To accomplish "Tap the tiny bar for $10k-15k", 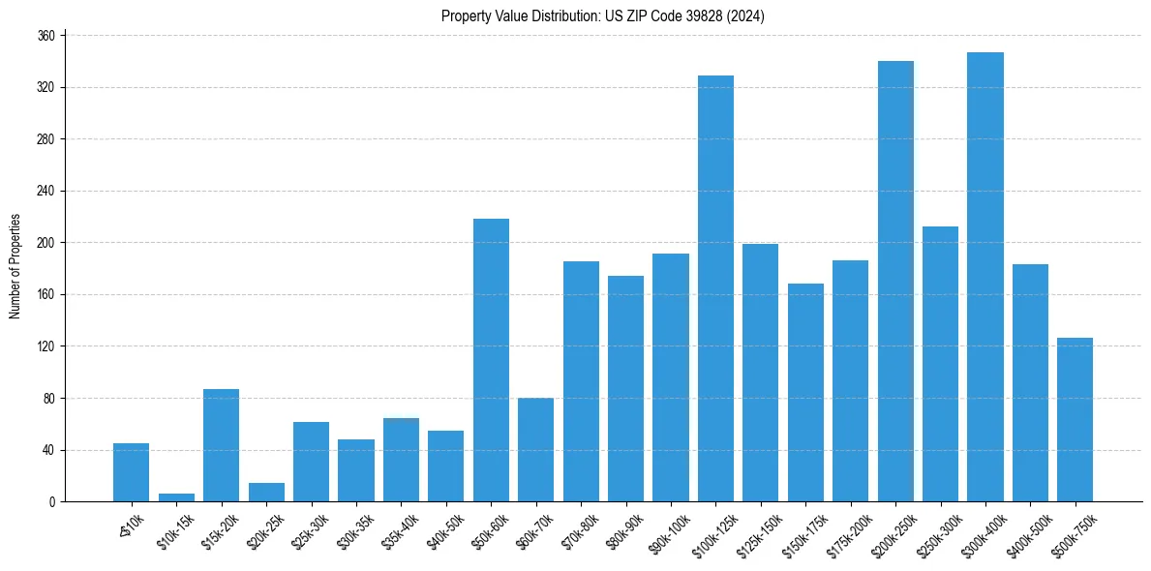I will [x=176, y=497].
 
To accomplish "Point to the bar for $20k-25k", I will [x=266, y=493].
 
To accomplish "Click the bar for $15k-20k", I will [x=221, y=445].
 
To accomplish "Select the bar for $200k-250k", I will [x=895, y=281].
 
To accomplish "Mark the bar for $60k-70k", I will [x=535, y=449].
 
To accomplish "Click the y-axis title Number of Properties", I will [x=15, y=266].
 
